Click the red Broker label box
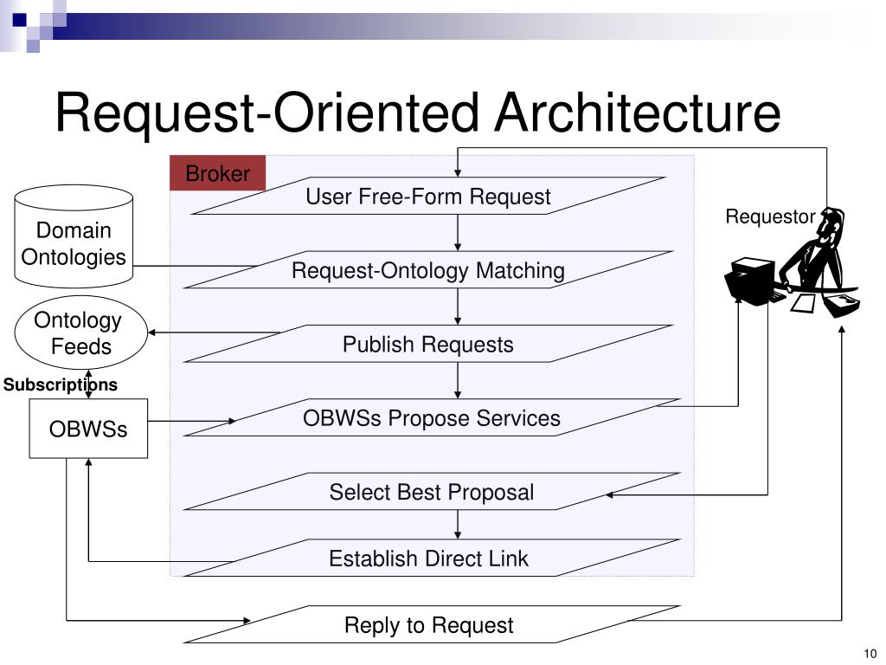pos(217,173)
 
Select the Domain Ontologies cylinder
pos(74,236)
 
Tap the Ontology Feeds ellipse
pos(80,332)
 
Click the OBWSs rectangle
pos(88,429)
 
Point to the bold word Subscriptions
pos(61,384)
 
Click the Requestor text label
pos(770,216)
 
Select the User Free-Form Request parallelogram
pos(428,196)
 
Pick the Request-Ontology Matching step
pos(428,270)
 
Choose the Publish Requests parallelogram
pos(428,344)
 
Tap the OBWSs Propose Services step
pos(432,418)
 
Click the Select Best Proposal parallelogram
pos(432,492)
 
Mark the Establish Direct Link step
pos(432,558)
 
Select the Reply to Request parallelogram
pos(432,624)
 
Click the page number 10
pos(870,653)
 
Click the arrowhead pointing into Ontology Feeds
pos(151,332)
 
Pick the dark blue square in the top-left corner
pos(19,20)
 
